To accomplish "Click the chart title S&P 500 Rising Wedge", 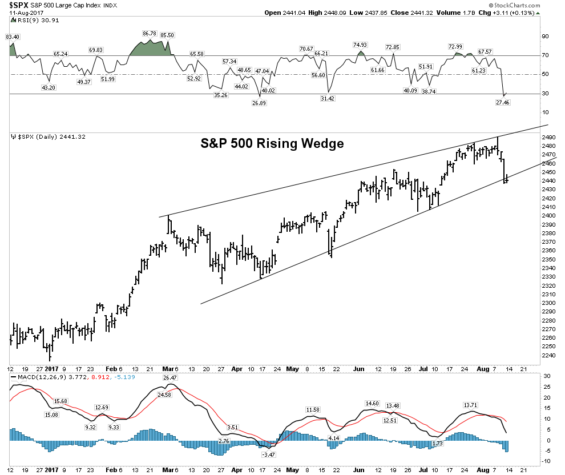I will (272, 144).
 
